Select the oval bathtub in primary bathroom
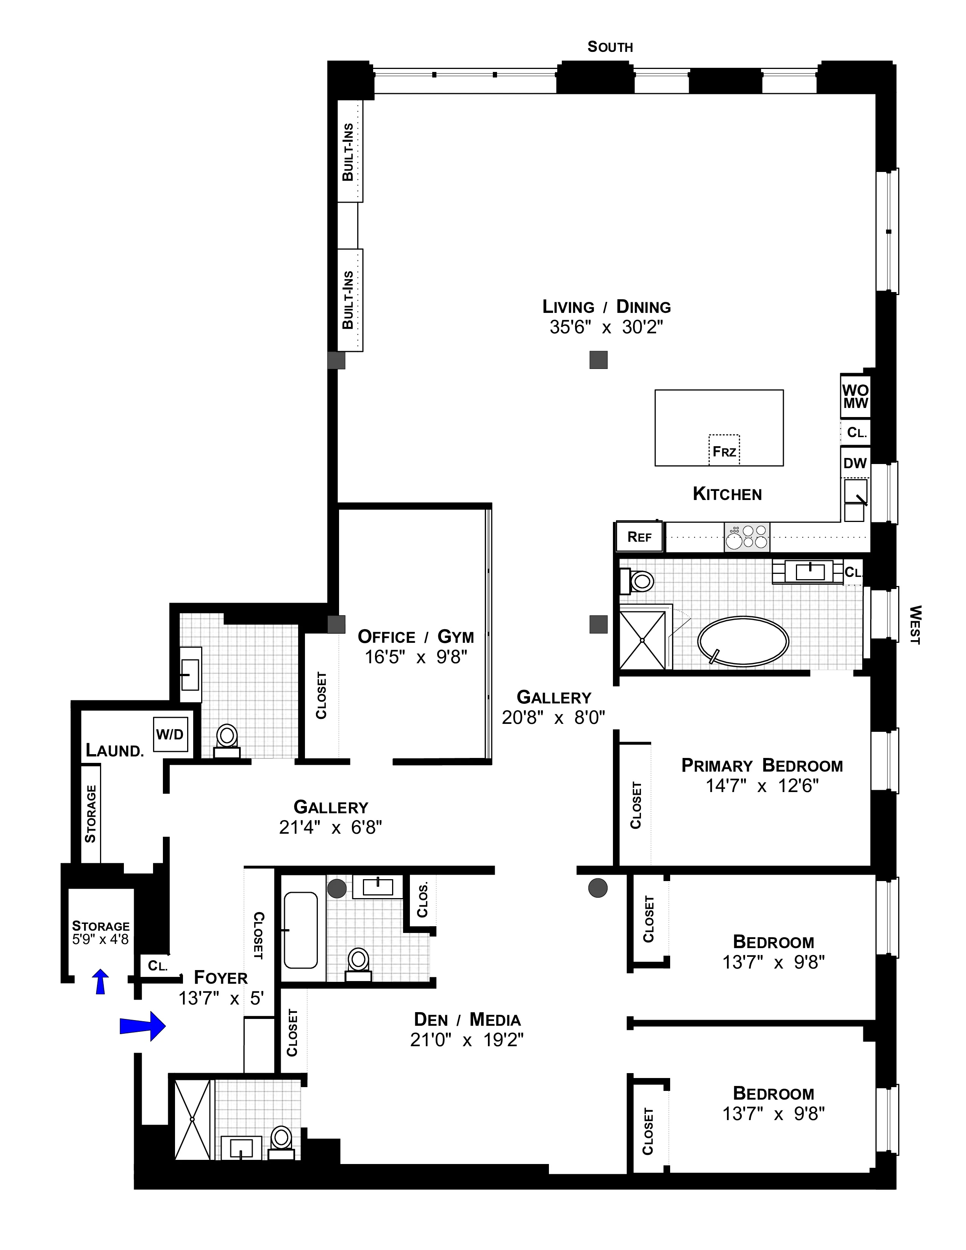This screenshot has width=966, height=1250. (743, 641)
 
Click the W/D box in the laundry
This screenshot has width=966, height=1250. (170, 734)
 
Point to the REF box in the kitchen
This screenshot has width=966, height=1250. (639, 537)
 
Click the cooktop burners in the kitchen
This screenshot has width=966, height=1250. (747, 537)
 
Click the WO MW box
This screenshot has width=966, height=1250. (855, 396)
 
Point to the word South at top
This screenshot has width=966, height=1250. (610, 47)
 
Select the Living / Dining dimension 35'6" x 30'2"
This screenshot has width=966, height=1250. (606, 327)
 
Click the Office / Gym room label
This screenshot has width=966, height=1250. (416, 636)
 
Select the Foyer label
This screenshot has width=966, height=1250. (221, 977)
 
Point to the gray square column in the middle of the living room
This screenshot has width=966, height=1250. (598, 359)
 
